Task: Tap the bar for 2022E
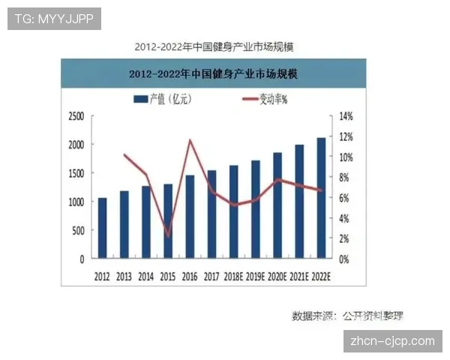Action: [x=322, y=198]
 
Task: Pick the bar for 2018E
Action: [x=234, y=211]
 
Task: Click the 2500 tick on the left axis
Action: [x=76, y=116]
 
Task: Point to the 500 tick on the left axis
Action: [x=78, y=230]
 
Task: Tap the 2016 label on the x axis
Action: [x=190, y=276]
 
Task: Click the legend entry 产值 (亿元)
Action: [x=162, y=98]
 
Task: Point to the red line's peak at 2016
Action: [x=190, y=140]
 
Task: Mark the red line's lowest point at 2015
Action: [x=169, y=236]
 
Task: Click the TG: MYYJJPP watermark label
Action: [x=54, y=18]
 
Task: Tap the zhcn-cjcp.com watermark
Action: [x=392, y=340]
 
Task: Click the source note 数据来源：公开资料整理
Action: [x=352, y=316]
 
